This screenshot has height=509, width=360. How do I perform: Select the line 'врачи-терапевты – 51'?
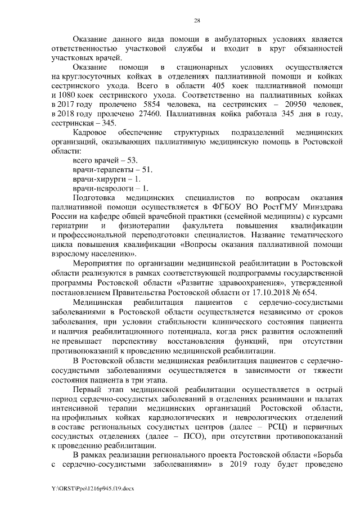tap(108, 170)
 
